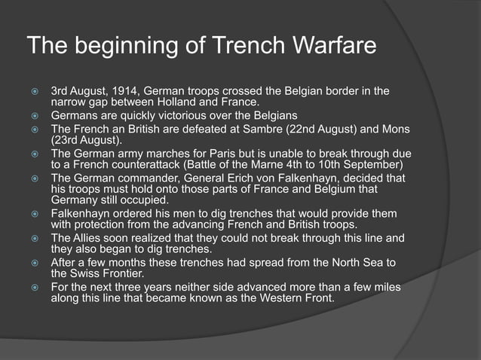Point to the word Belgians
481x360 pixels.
(274, 116)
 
